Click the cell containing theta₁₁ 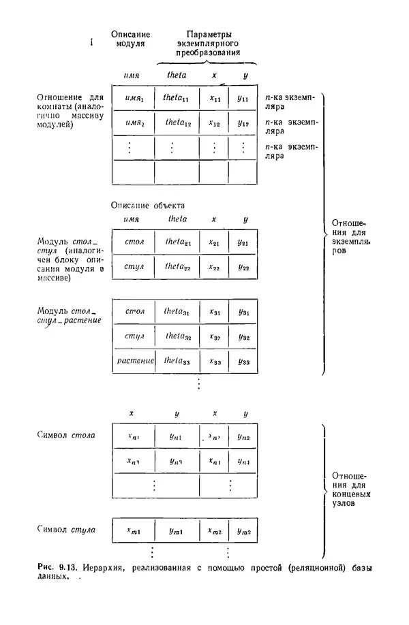point(176,99)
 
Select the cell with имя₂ point(133,123)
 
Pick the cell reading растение point(132,361)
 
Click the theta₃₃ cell point(176,361)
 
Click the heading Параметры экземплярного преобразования point(207,42)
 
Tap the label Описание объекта point(147,204)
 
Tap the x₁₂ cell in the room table point(214,124)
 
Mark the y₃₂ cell point(243,336)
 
